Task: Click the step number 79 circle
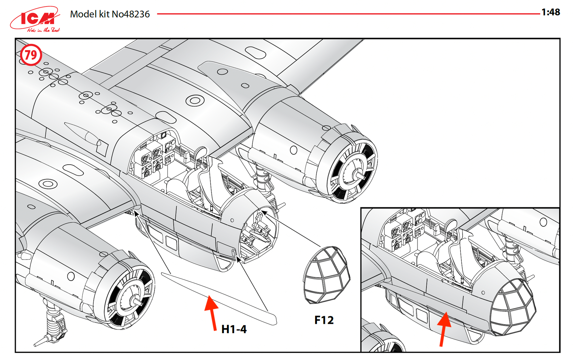point(31,55)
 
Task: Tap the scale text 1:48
point(551,12)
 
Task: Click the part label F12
point(324,320)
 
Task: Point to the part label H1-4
point(234,329)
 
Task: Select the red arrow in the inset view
point(444,328)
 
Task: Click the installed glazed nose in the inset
point(512,307)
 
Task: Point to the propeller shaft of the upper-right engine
point(360,175)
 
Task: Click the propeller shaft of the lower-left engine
point(137,302)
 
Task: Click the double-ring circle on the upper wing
point(195,101)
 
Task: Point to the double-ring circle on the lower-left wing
point(48,184)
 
